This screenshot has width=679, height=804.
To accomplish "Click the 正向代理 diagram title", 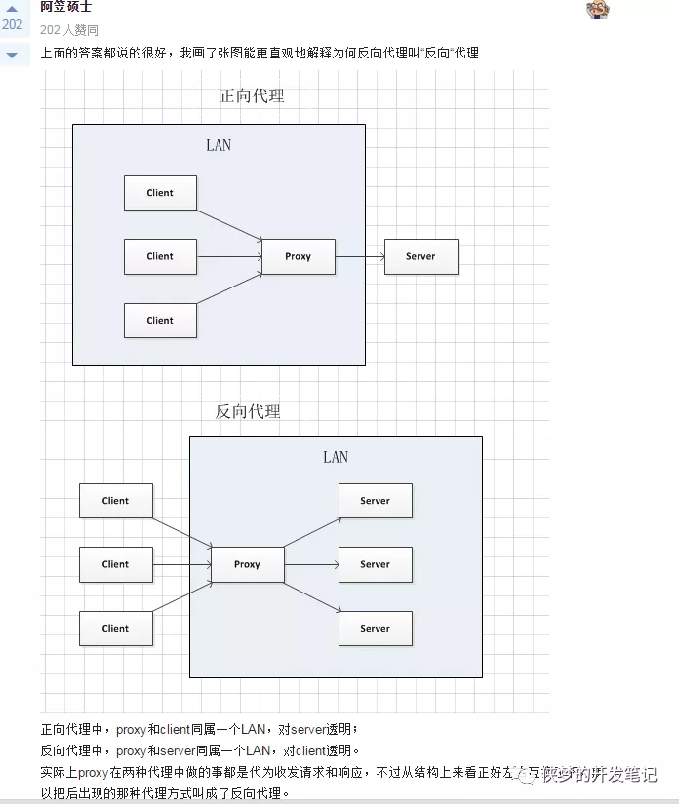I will tap(252, 96).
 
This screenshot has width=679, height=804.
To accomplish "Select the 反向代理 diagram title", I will tap(248, 411).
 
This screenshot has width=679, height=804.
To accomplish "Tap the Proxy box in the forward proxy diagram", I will tap(298, 256).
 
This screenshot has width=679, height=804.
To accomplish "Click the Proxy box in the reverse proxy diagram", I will tap(247, 564).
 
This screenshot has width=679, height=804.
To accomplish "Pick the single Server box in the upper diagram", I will tap(420, 256).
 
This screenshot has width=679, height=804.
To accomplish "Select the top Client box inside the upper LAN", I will tap(160, 193).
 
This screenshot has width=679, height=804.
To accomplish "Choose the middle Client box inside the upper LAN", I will tap(160, 256).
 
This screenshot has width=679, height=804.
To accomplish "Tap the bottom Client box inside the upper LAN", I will tap(160, 320).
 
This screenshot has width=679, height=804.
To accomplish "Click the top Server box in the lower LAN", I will tap(375, 501).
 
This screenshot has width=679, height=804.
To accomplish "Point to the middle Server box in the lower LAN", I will tap(375, 564).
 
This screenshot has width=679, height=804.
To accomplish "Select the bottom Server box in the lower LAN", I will tap(375, 629).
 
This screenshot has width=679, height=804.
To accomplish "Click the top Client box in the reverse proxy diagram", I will tap(115, 501).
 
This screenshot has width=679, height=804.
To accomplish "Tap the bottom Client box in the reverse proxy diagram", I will tap(115, 629).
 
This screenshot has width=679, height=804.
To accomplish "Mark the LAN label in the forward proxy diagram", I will tap(219, 145).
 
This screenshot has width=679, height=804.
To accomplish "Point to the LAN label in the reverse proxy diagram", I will tap(336, 457).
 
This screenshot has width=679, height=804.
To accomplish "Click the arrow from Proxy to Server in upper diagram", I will tap(359, 256).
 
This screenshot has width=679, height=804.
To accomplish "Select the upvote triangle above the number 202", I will tap(12, 8).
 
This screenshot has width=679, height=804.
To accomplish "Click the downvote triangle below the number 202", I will tap(12, 55).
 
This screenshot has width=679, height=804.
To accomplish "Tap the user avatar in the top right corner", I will tap(598, 10).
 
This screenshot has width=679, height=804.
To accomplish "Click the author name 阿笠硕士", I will tap(65, 7).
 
